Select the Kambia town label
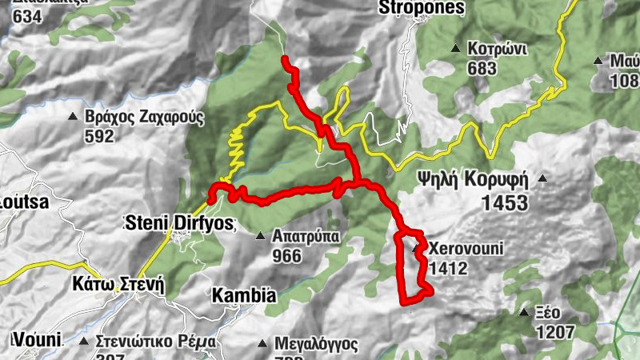[x=243, y=295]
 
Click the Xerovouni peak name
[x=466, y=249]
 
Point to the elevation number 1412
[x=447, y=269]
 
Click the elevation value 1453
[x=505, y=203]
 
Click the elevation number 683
[x=482, y=69]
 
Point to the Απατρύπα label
[x=306, y=237]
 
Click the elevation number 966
[x=286, y=257]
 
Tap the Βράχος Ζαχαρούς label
[x=145, y=117]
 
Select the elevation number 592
[x=99, y=136]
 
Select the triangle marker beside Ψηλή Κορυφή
[x=543, y=178]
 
